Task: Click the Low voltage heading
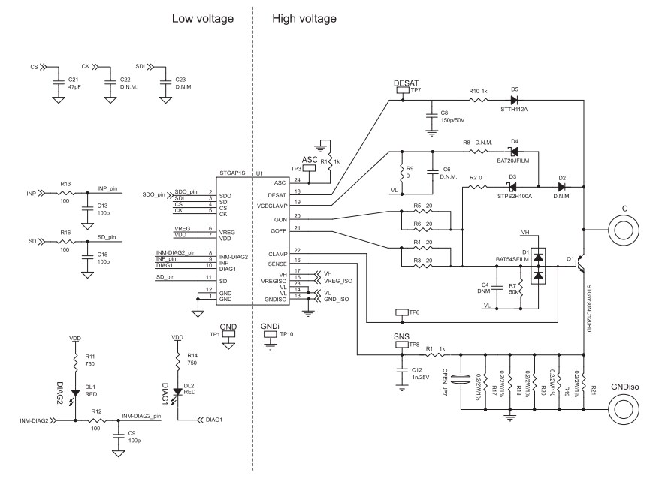pyautogui.click(x=203, y=18)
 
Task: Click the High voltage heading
pyautogui.click(x=304, y=18)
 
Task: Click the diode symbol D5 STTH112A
pyautogui.click(x=515, y=98)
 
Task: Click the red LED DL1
pyautogui.click(x=76, y=393)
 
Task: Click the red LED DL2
pyautogui.click(x=177, y=390)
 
